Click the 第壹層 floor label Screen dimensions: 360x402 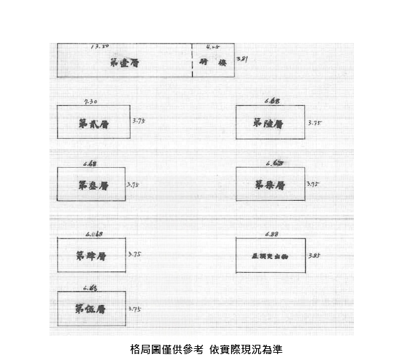[124, 63]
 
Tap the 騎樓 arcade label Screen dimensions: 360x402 [209, 63]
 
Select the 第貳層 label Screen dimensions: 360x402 [93, 124]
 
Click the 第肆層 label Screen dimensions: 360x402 [91, 256]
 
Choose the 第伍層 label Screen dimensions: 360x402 [90, 308]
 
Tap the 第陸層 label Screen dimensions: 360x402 [268, 124]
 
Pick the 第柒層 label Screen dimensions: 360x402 [269, 185]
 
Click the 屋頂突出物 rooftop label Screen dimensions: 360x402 [269, 256]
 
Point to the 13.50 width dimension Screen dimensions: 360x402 [100, 46]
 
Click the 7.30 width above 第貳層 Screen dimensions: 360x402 [91, 101]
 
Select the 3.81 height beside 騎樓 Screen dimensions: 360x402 [242, 60]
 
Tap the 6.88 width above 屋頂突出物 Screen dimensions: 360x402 [271, 234]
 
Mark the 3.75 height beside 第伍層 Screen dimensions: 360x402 [134, 308]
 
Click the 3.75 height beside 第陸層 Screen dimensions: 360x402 [314, 122]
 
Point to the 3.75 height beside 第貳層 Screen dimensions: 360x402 [138, 121]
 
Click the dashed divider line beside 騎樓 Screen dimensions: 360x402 [192, 61]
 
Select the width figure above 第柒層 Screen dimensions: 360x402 [275, 162]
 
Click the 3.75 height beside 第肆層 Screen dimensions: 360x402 [134, 254]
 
